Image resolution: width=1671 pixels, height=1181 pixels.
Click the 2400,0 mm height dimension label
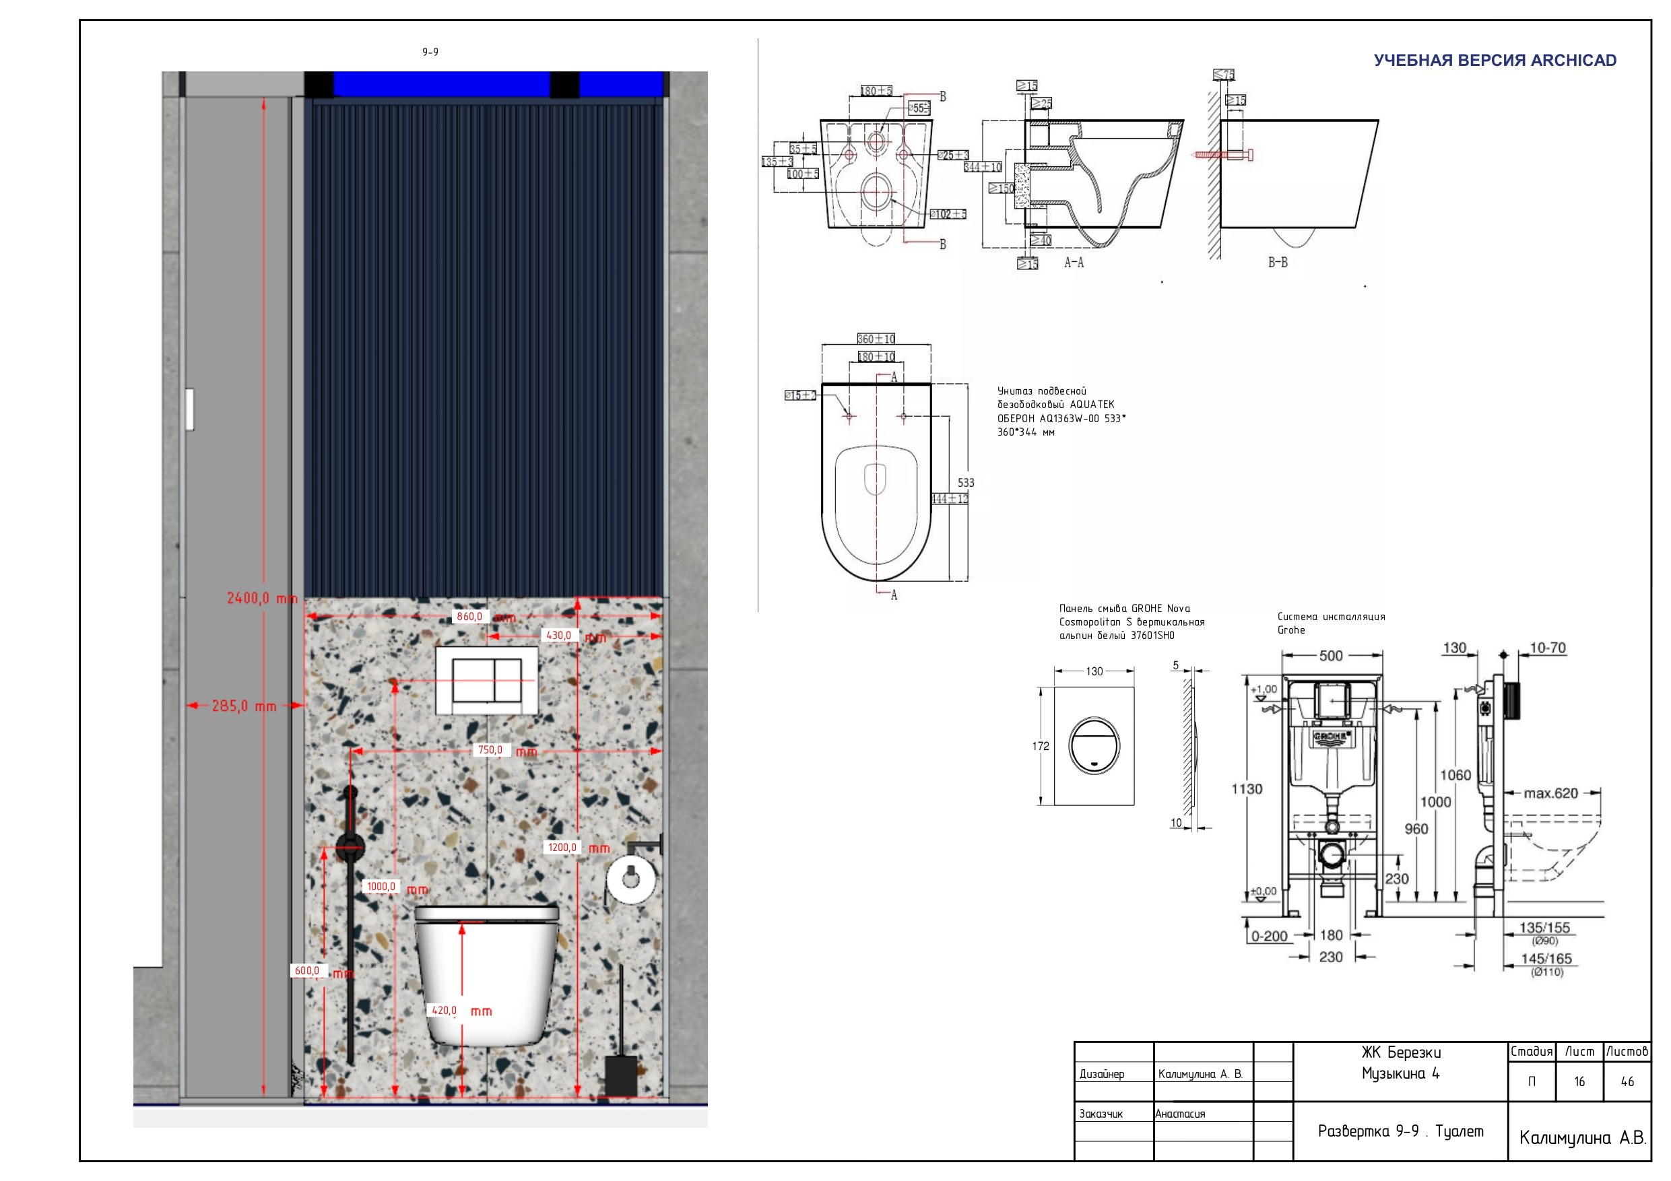pyautogui.click(x=262, y=598)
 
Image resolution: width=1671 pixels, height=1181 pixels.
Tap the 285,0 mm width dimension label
pyautogui.click(x=244, y=706)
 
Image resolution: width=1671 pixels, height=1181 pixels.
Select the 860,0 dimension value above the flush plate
pyautogui.click(x=469, y=616)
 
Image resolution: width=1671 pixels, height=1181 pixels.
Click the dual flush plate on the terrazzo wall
pyautogui.click(x=487, y=680)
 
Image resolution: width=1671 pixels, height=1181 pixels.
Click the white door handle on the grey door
pyautogui.click(x=190, y=409)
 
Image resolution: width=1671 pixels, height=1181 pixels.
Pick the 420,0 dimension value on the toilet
pyautogui.click(x=445, y=1010)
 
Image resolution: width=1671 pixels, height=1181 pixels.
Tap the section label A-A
pyautogui.click(x=1074, y=263)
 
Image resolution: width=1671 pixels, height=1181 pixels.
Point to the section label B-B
pyautogui.click(x=1277, y=263)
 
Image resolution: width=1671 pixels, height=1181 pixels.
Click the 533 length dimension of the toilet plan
pyautogui.click(x=966, y=483)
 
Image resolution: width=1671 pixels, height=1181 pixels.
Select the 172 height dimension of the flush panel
pyautogui.click(x=1041, y=746)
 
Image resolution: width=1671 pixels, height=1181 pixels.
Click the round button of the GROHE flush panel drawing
pyautogui.click(x=1094, y=745)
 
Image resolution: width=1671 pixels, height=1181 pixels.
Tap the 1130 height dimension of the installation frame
pyautogui.click(x=1247, y=788)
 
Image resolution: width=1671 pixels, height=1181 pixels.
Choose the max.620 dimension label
pyautogui.click(x=1551, y=793)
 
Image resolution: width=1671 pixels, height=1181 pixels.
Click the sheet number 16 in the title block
pyautogui.click(x=1579, y=1081)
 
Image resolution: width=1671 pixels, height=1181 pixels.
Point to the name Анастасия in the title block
pyautogui.click(x=1181, y=1113)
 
